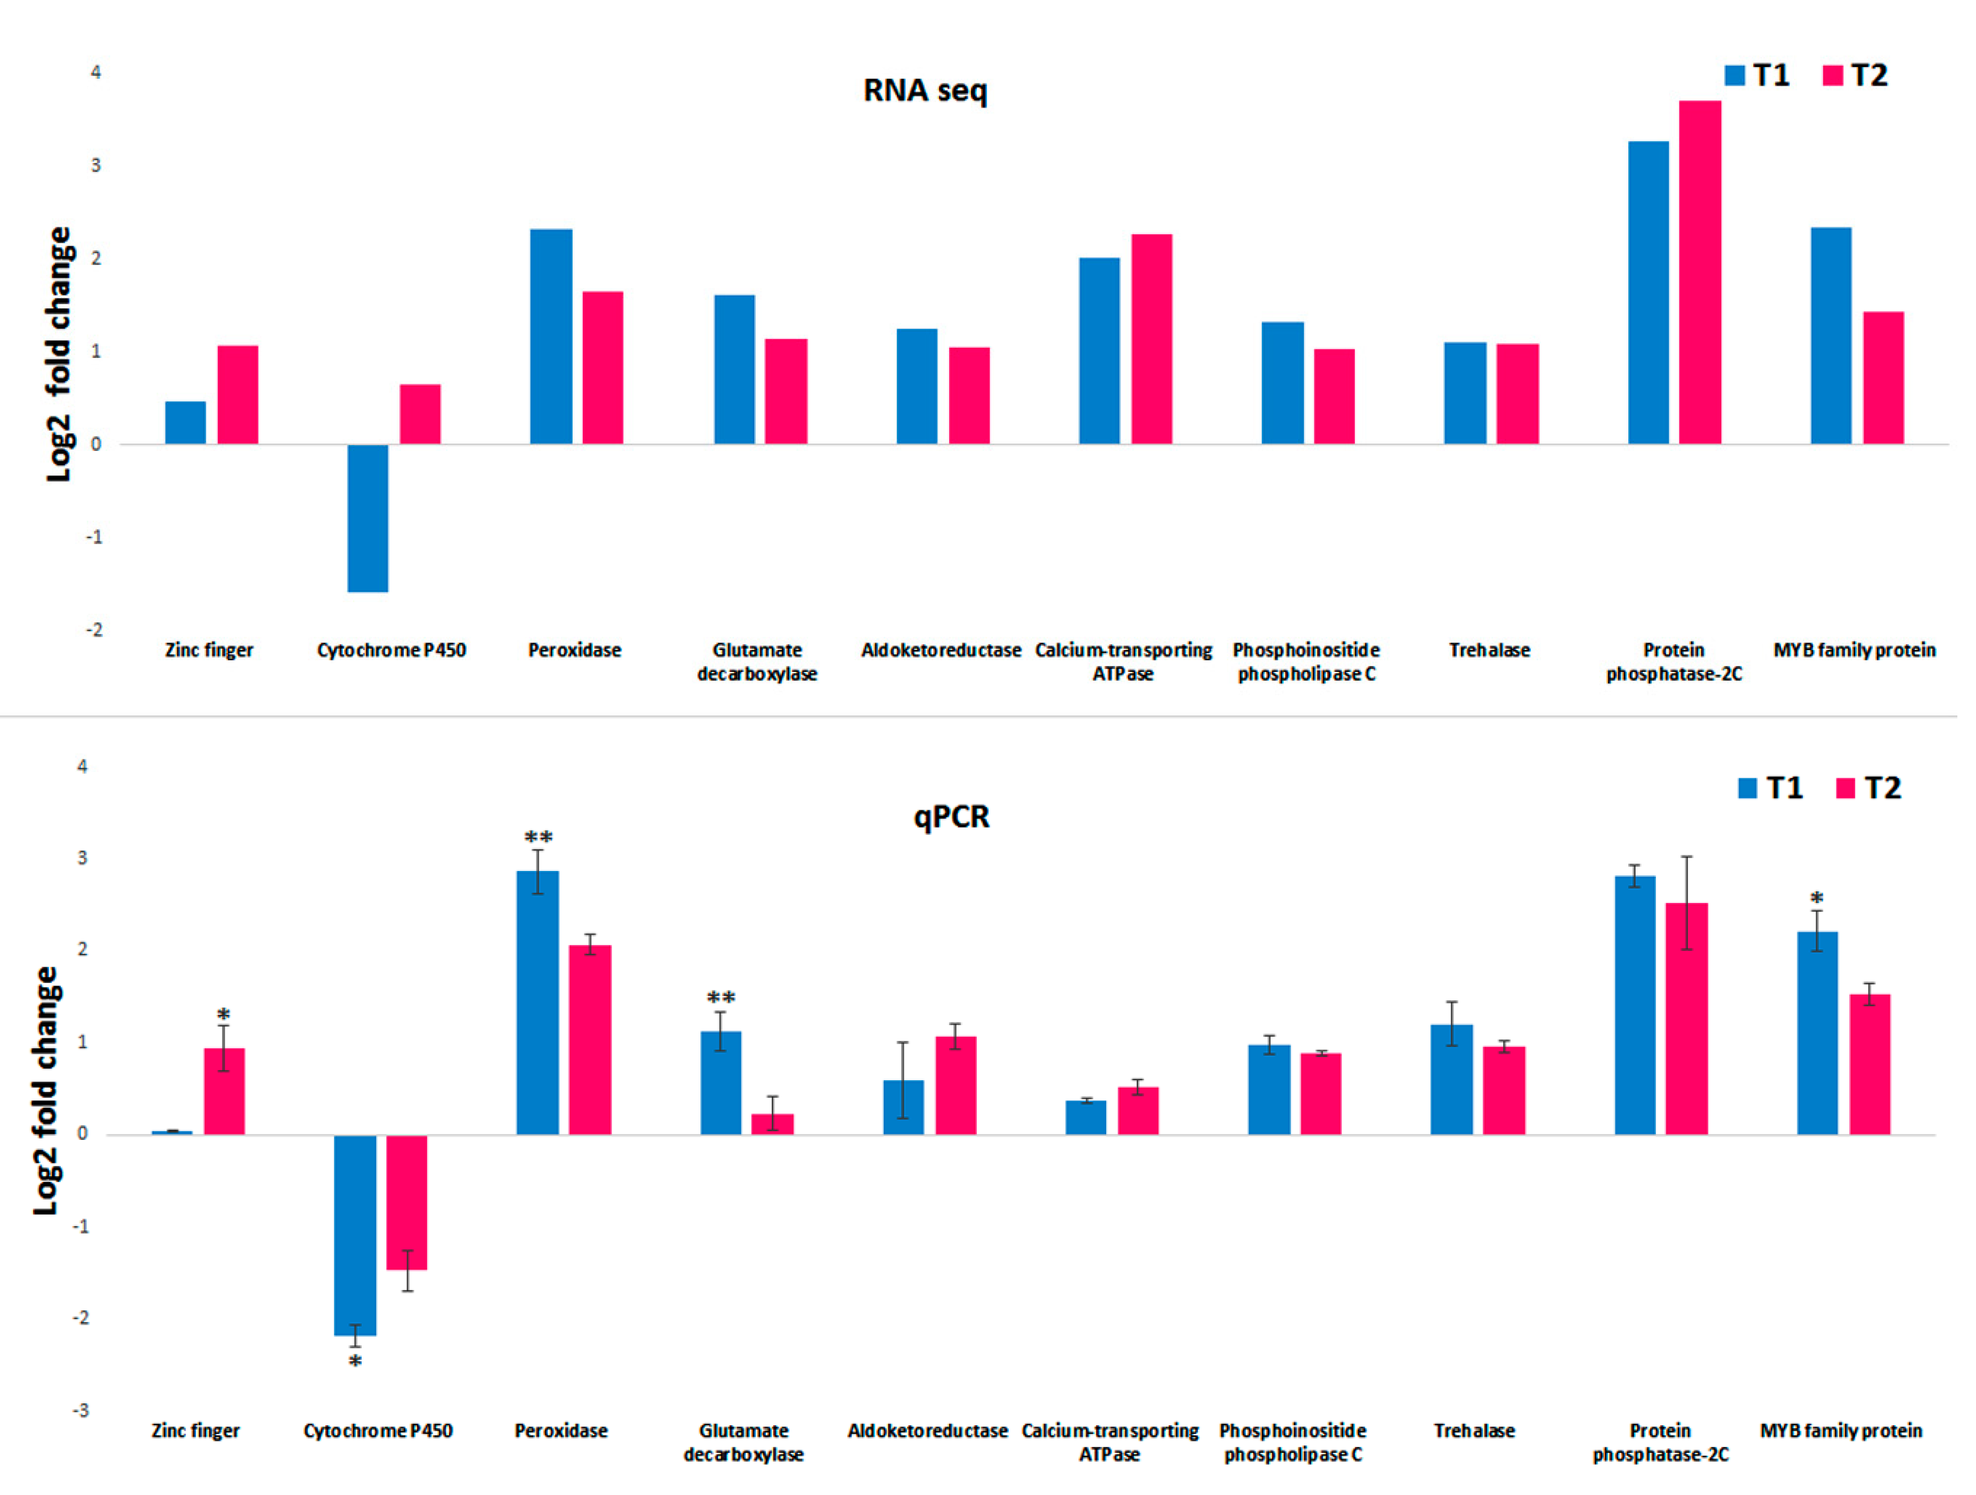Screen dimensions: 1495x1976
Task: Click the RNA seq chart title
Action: pyautogui.click(x=926, y=90)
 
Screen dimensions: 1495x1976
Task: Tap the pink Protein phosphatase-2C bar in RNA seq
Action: pyautogui.click(x=1700, y=273)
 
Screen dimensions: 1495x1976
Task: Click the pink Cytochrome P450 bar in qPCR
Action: pyautogui.click(x=406, y=1201)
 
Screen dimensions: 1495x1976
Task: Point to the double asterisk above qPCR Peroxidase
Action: pyautogui.click(x=538, y=837)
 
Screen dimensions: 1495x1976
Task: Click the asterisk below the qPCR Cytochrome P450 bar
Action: pyautogui.click(x=356, y=1362)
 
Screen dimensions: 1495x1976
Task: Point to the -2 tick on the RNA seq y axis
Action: pyautogui.click(x=94, y=630)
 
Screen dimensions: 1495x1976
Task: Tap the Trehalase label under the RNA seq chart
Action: pyautogui.click(x=1489, y=650)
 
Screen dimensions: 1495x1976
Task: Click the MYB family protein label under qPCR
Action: pyautogui.click(x=1841, y=1431)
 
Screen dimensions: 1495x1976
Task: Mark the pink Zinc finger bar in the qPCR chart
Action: pyautogui.click(x=224, y=1091)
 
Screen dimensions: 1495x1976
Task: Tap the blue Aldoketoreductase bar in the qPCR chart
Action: pyautogui.click(x=903, y=1107)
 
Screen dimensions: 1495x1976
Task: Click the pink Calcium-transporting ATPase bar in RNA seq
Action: pyautogui.click(x=1152, y=339)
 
